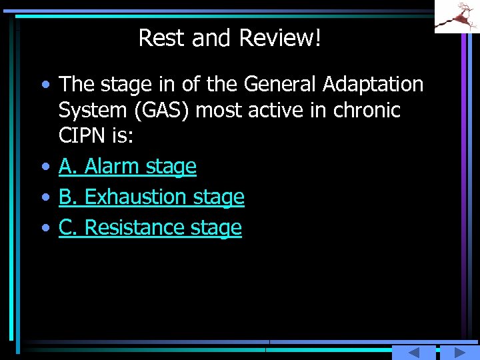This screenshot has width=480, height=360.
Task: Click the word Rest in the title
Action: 162,39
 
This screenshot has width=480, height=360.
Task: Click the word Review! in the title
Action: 279,39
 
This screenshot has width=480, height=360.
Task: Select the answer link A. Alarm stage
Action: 127,167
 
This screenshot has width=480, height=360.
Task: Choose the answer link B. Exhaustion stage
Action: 151,197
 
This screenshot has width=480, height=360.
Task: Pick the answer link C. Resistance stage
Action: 150,228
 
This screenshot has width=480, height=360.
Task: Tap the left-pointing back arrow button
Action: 413,353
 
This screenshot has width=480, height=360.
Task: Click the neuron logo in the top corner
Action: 457,17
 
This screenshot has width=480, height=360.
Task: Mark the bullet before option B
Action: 44,198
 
